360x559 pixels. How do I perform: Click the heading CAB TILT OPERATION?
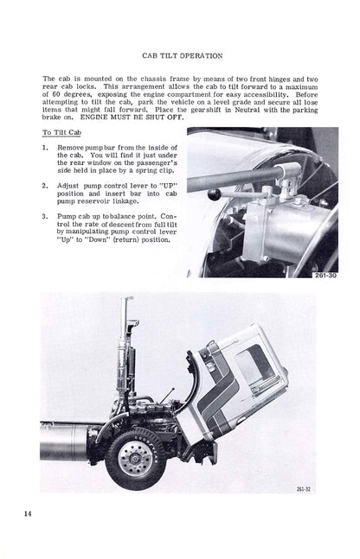click(x=182, y=56)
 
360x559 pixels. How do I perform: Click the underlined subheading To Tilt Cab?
click(x=61, y=132)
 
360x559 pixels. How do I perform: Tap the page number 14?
click(x=28, y=514)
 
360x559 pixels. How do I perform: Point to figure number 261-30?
click(x=325, y=276)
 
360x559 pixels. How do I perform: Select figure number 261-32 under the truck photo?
click(x=304, y=489)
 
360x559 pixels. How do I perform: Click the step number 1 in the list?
click(x=45, y=148)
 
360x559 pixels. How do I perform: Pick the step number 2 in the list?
click(x=45, y=186)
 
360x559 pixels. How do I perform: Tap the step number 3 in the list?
click(x=45, y=216)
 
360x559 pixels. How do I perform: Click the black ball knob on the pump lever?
click(x=215, y=194)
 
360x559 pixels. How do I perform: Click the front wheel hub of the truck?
click(x=136, y=459)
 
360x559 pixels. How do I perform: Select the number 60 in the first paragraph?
click(x=53, y=94)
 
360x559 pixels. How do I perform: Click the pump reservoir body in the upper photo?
click(x=286, y=232)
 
